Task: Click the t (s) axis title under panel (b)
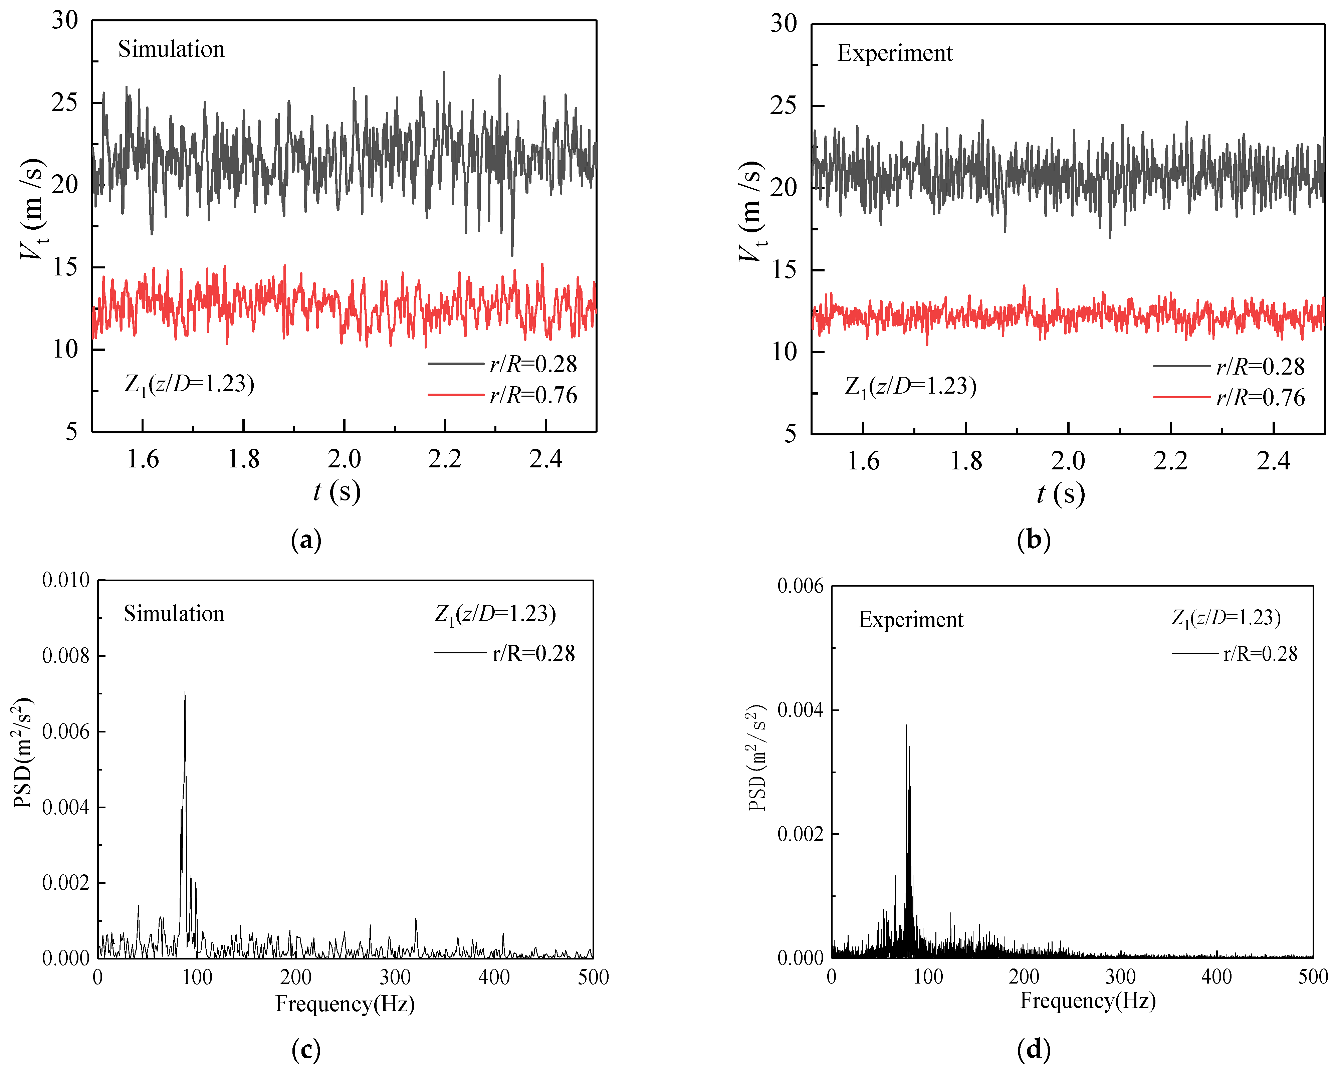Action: [x=1061, y=494]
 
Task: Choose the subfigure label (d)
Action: [x=1034, y=1049]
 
